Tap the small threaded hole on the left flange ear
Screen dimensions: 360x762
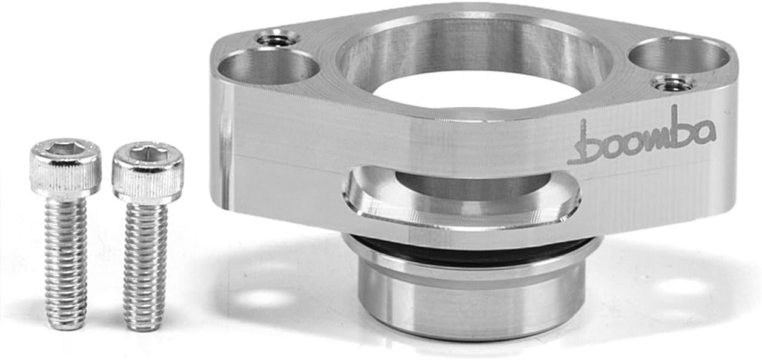coord(277,40)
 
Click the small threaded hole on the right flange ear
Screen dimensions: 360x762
coord(672,83)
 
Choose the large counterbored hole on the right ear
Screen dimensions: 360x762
coord(679,56)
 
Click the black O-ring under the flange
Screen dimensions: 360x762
coord(472,248)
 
